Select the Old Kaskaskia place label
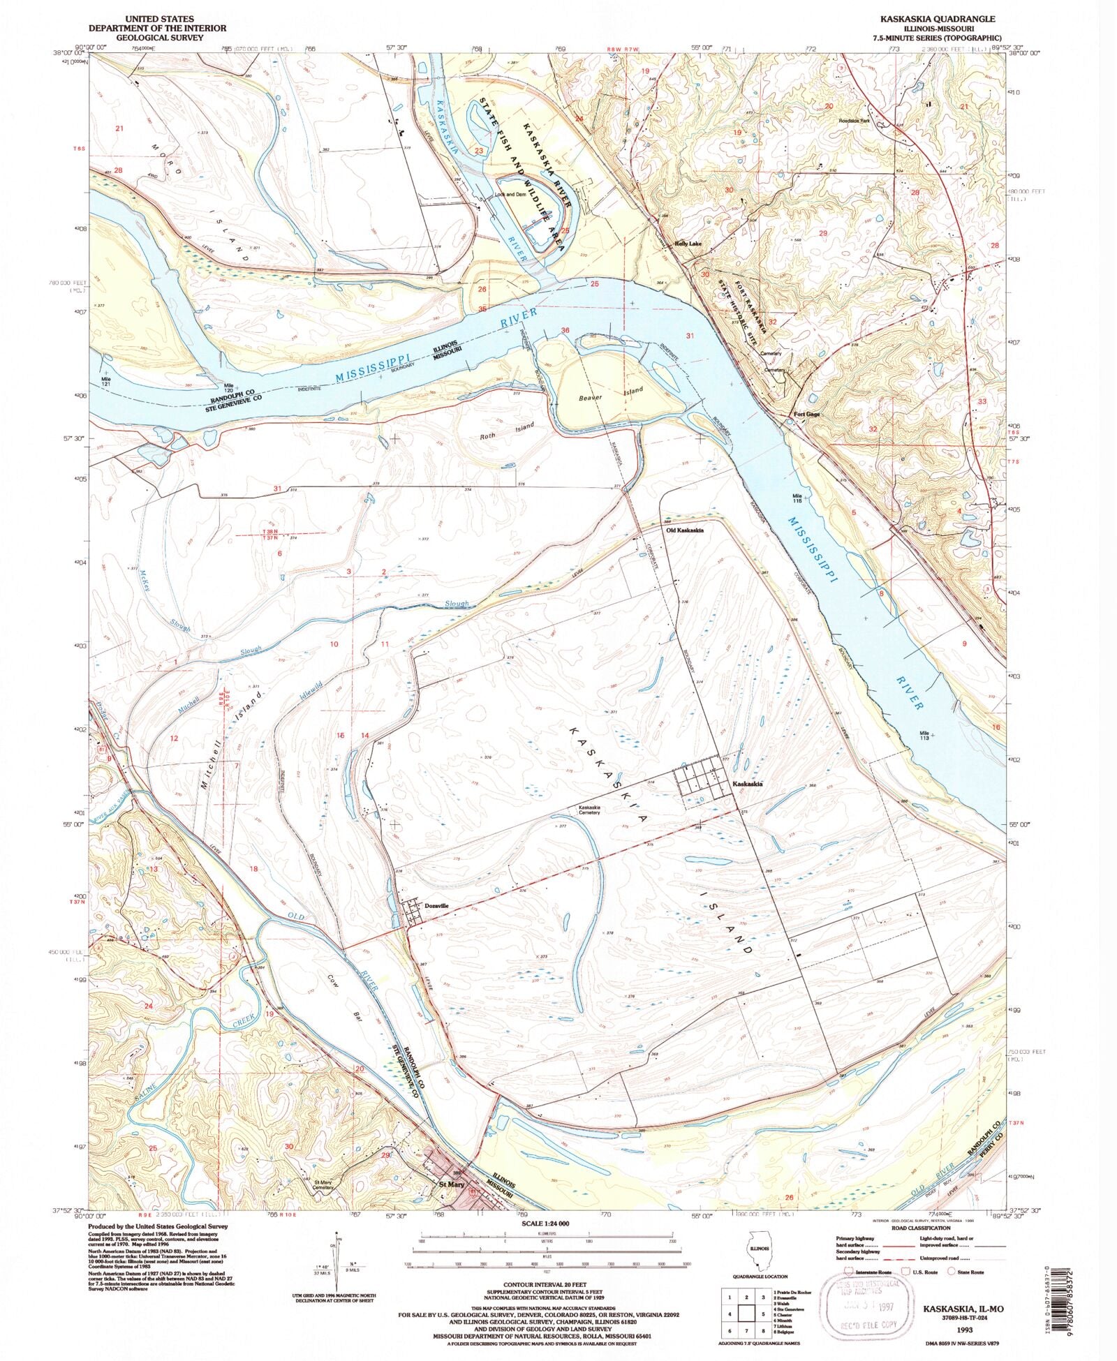[685, 530]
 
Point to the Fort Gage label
[806, 414]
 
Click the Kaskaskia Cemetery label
[588, 812]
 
